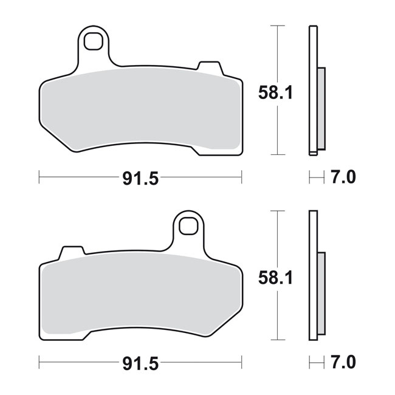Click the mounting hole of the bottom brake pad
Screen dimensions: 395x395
coord(188,226)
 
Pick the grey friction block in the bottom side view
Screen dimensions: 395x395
coord(321,292)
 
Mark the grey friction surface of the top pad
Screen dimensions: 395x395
coord(140,109)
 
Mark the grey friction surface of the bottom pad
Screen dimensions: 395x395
coord(140,295)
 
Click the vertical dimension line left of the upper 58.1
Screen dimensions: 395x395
coord(278,61)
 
